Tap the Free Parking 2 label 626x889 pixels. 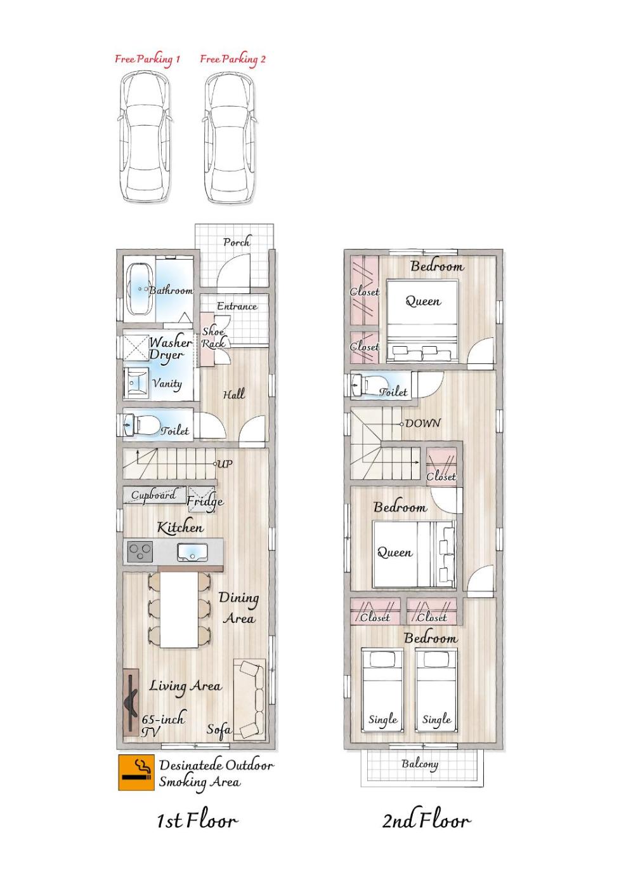[x=233, y=60]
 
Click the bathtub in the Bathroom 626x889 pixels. [x=140, y=290]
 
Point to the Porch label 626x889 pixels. [x=237, y=242]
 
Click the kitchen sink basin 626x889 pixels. [x=192, y=552]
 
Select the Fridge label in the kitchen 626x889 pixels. [x=205, y=502]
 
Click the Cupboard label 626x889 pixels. [x=153, y=495]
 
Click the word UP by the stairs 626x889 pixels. [x=225, y=463]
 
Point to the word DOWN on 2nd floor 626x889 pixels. [x=422, y=423]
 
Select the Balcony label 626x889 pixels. [x=419, y=764]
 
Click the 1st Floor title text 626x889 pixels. [x=197, y=820]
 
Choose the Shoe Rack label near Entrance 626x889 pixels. [x=213, y=337]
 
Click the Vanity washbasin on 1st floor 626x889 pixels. [x=136, y=382]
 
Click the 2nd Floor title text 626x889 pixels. [x=427, y=820]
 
